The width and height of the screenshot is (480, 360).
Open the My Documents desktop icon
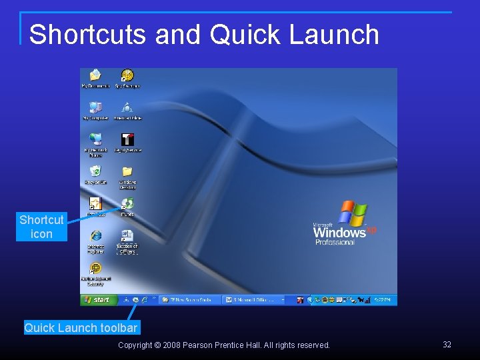[x=95, y=75]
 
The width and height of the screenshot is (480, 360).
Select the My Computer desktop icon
[x=95, y=107]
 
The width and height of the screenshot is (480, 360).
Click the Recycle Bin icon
[x=96, y=171]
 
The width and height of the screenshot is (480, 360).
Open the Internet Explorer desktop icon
[x=96, y=236]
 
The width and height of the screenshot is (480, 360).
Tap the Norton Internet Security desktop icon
[x=95, y=268]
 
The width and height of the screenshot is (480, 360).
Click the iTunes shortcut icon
[x=127, y=203]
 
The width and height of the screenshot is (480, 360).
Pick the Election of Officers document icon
[x=127, y=236]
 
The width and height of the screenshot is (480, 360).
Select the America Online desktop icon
[x=127, y=107]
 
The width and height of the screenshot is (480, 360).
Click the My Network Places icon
[x=96, y=139]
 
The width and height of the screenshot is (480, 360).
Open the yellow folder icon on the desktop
[x=127, y=171]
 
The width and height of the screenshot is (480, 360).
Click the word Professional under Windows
[x=335, y=243]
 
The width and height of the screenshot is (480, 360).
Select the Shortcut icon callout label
[x=42, y=227]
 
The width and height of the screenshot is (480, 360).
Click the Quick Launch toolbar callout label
[x=81, y=327]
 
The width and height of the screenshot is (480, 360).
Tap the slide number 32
[x=447, y=345]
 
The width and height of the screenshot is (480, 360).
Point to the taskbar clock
[x=385, y=300]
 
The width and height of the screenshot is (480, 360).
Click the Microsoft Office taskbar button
[x=253, y=300]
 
